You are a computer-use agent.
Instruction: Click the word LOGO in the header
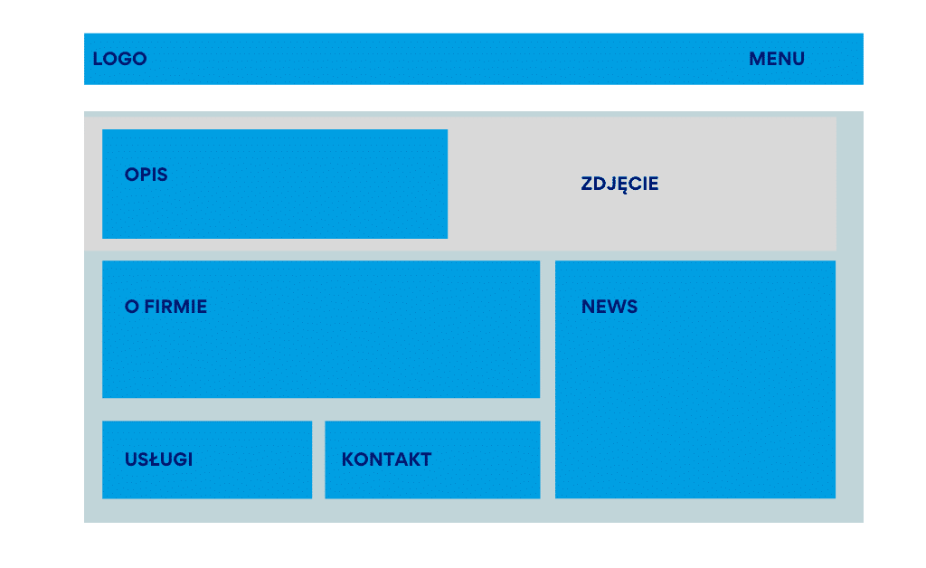[120, 59]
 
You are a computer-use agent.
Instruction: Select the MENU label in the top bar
[777, 59]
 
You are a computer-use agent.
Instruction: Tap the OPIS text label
[146, 175]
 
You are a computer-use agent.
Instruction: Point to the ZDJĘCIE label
[619, 185]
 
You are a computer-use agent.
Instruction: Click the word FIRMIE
[175, 307]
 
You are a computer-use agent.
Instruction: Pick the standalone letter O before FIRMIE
[132, 307]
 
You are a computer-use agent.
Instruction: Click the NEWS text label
[609, 307]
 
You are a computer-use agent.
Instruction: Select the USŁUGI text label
[159, 459]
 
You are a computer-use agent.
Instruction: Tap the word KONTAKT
[387, 459]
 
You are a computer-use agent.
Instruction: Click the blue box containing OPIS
[275, 184]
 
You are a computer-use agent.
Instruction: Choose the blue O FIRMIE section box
[321, 329]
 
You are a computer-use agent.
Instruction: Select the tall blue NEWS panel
[695, 379]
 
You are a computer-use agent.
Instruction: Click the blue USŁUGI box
[207, 459]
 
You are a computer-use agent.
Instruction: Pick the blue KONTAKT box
[432, 459]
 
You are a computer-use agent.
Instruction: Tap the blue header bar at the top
[474, 59]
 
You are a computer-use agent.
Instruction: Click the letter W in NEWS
[615, 307]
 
